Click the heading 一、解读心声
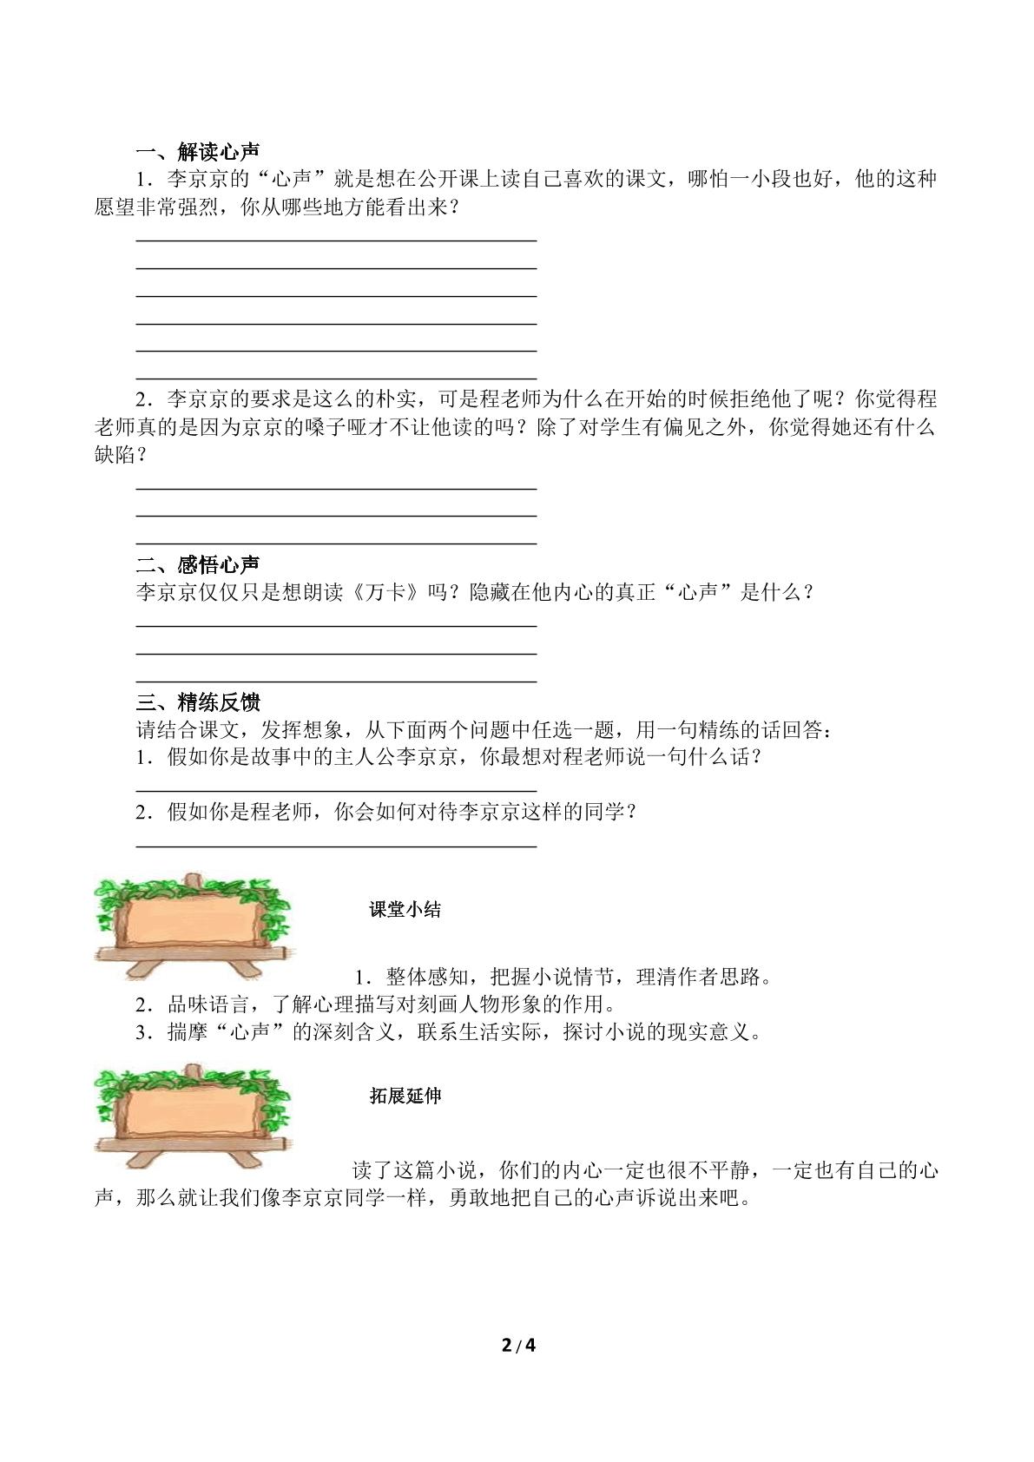point(198,152)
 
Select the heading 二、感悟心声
point(198,565)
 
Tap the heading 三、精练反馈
point(198,701)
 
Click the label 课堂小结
point(405,910)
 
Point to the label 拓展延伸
point(405,1096)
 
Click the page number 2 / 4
point(518,1347)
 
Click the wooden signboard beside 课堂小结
point(193,925)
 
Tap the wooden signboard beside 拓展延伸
point(193,1115)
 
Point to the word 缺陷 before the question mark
point(115,454)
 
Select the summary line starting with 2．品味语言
point(375,1004)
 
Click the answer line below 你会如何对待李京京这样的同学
point(336,844)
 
